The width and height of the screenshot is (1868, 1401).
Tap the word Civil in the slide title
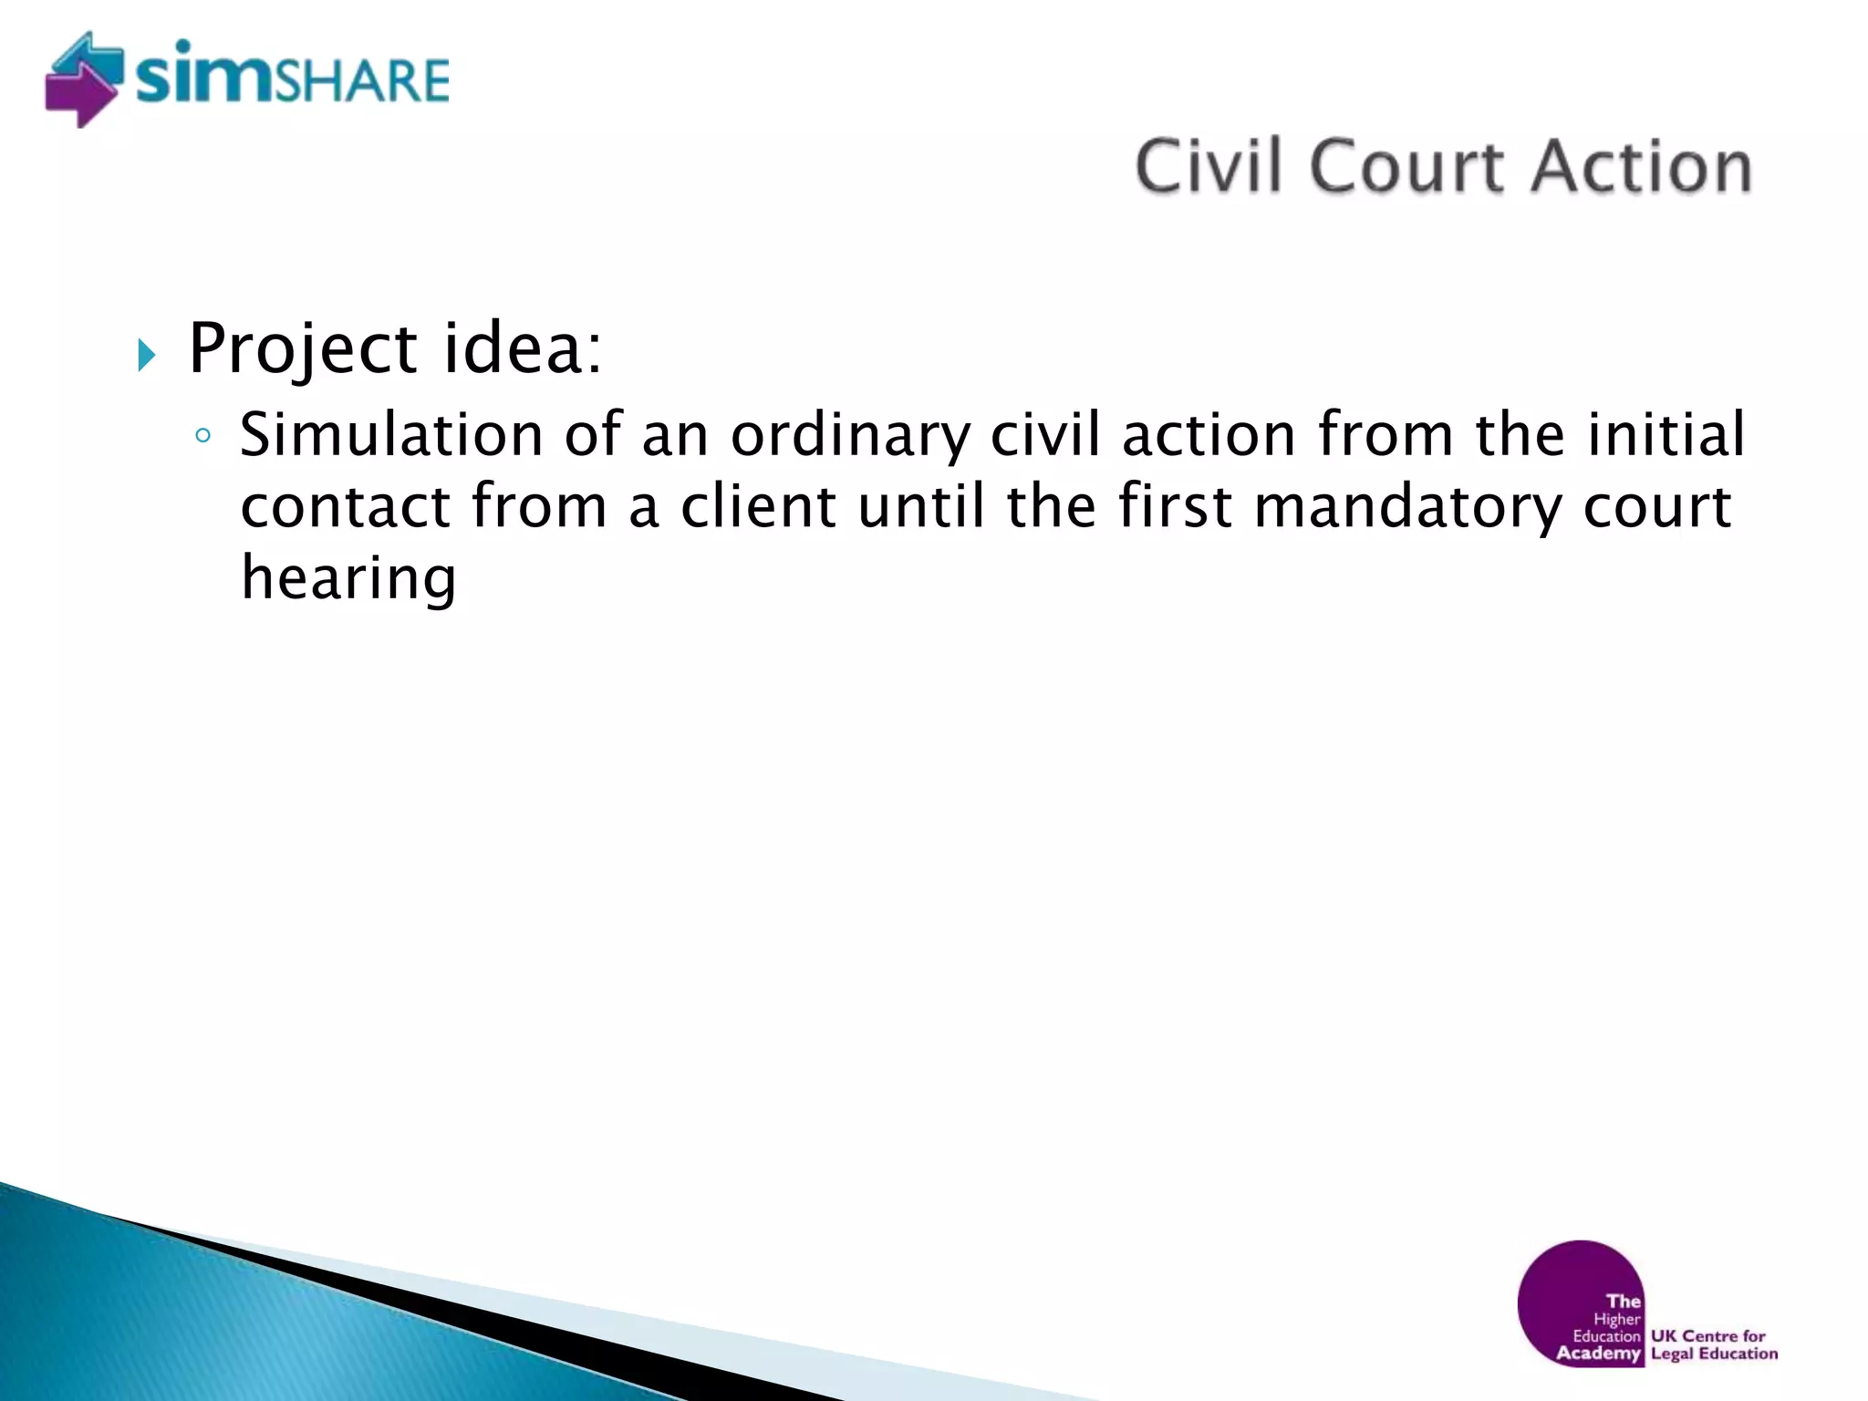[1209, 166]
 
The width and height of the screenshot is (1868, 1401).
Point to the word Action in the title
[1642, 166]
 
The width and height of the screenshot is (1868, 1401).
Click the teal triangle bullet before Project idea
[147, 354]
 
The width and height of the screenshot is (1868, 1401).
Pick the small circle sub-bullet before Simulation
[202, 436]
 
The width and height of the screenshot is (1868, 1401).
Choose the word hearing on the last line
[348, 579]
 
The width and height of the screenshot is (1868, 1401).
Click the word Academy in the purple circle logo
[1598, 1353]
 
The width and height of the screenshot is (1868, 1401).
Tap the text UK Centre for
[1708, 1335]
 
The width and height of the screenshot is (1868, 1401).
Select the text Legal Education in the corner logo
[1715, 1354]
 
